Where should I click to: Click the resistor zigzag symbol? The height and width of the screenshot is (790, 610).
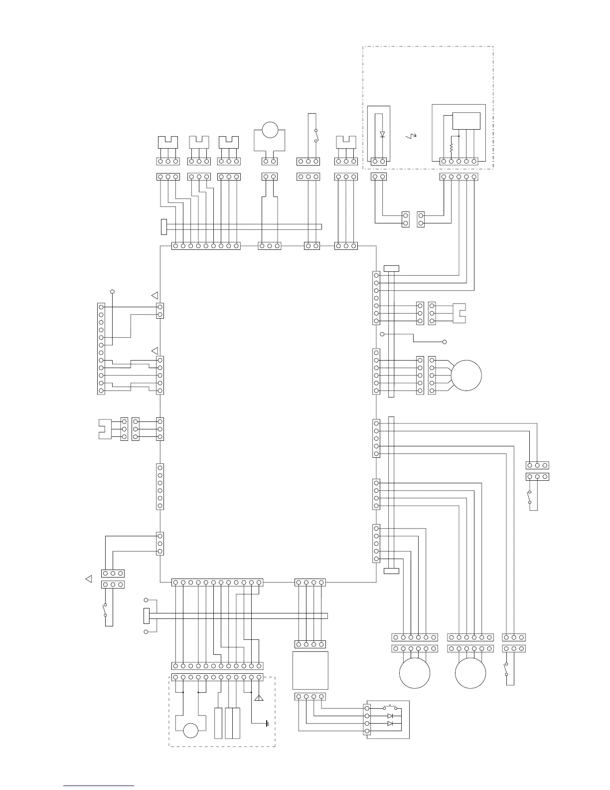[451, 148]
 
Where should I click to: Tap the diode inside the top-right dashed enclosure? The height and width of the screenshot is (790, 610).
[382, 134]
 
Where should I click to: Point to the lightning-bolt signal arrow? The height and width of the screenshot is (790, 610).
[411, 135]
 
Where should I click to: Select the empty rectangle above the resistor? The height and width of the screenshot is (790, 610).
[466, 121]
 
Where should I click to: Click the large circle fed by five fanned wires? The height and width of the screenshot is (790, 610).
[466, 376]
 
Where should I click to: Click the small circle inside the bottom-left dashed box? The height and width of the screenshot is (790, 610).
[191, 731]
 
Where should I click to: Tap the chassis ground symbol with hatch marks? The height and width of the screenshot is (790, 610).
[268, 724]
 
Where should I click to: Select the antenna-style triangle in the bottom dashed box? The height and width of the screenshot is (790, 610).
[259, 698]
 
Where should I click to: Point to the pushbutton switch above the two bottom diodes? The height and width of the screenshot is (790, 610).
[390, 708]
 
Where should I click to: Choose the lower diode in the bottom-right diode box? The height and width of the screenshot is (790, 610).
[390, 724]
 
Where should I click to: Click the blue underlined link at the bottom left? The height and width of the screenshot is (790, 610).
[98, 786]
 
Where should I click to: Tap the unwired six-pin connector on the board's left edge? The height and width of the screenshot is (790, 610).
[160, 486]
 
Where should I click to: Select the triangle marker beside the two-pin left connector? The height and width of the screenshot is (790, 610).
[155, 295]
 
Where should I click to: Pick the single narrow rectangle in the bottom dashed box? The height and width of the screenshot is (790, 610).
[218, 723]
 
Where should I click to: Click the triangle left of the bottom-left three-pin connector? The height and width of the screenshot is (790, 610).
[89, 579]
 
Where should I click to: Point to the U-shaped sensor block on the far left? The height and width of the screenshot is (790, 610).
[105, 429]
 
